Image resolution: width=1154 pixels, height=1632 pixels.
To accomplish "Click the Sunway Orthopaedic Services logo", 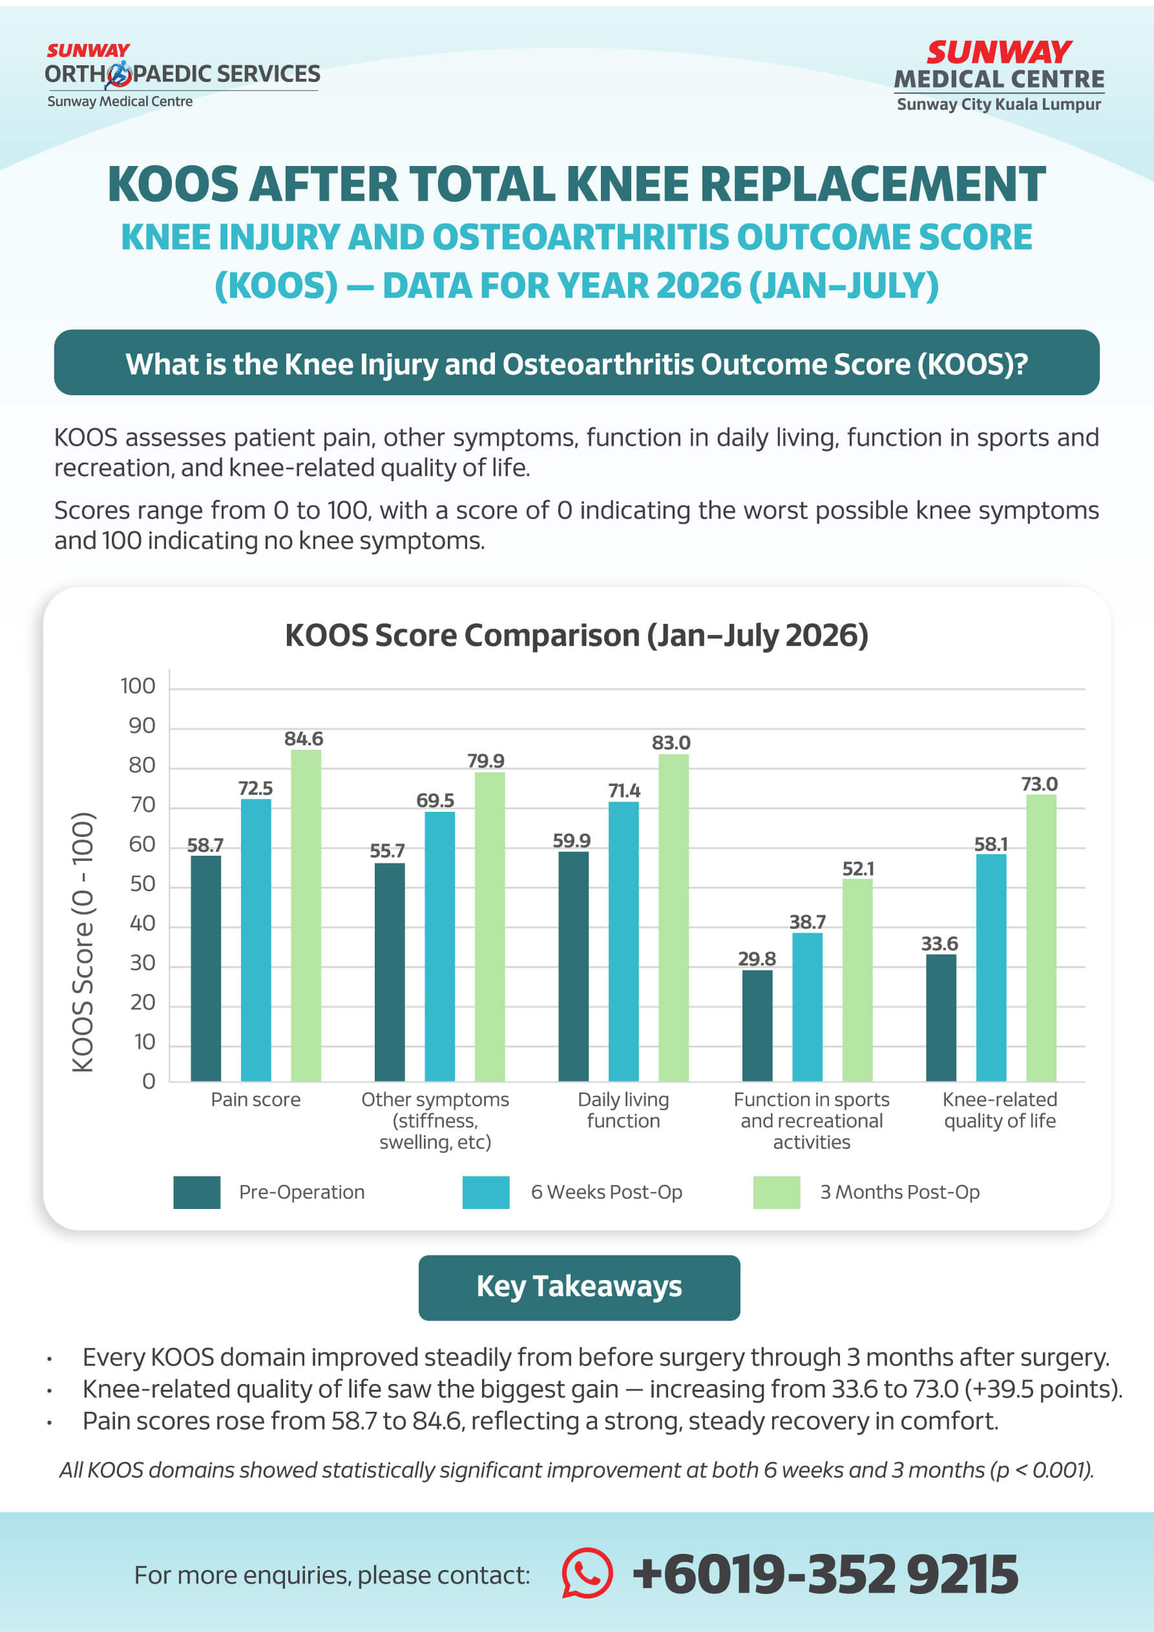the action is click(182, 76).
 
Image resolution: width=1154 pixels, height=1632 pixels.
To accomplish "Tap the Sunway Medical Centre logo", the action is click(999, 76).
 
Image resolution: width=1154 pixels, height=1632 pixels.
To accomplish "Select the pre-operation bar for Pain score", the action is click(205, 968).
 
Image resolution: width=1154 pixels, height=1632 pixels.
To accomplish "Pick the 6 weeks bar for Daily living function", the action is click(624, 942).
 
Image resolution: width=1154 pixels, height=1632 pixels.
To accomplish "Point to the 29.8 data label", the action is click(757, 959).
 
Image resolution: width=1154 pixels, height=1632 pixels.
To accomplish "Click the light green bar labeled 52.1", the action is click(857, 980).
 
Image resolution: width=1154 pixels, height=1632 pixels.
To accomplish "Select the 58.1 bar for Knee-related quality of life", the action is click(991, 967).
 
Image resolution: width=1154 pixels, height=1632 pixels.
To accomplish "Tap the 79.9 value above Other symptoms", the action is click(486, 761).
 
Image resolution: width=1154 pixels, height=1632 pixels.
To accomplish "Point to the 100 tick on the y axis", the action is click(138, 686).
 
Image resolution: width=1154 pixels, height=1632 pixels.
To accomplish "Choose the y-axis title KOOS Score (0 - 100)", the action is click(83, 942).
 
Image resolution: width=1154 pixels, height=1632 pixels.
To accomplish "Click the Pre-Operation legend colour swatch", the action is click(197, 1192).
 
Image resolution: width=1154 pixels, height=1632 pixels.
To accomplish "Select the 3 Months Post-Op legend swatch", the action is click(777, 1192).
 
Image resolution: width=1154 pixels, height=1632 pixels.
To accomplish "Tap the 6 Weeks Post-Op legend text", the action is click(607, 1192).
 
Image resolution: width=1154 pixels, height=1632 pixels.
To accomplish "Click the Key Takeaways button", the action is click(579, 1287).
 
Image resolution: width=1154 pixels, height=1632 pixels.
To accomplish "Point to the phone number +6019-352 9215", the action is click(826, 1574).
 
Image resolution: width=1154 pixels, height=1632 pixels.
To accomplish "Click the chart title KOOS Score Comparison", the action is click(576, 635).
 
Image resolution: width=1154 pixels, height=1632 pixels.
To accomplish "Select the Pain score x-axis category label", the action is click(256, 1100).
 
